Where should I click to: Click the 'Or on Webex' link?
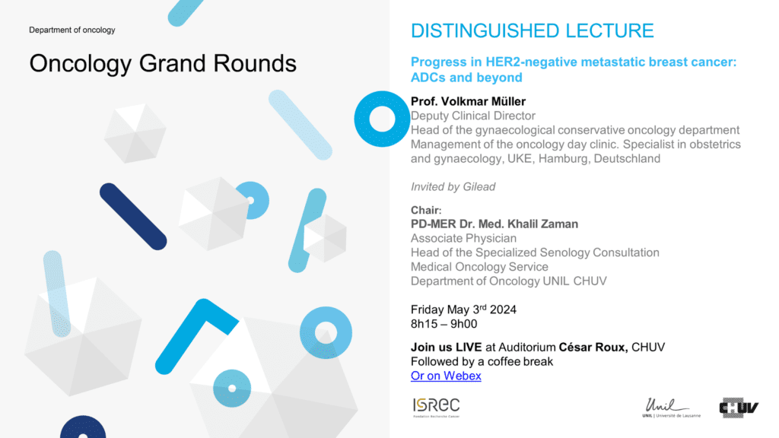point(446,376)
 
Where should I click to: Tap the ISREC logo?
point(436,408)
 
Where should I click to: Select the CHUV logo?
point(739,408)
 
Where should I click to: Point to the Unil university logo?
point(671,408)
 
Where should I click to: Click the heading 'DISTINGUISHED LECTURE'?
point(532,30)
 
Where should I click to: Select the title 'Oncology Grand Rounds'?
point(163,64)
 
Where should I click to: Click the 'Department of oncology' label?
point(72,30)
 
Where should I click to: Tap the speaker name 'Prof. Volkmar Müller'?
point(468,101)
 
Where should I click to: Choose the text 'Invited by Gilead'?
point(453,187)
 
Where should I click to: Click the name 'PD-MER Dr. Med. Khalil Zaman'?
point(494,224)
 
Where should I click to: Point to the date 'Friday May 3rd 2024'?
point(463,309)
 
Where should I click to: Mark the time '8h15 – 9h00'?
point(444,324)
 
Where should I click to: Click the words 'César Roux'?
point(593,347)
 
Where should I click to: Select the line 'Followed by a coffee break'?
point(482,361)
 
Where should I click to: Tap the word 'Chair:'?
point(426,210)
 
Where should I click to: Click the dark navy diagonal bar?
point(133,217)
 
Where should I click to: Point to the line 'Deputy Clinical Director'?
point(473,116)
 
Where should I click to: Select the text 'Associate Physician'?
point(463,238)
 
